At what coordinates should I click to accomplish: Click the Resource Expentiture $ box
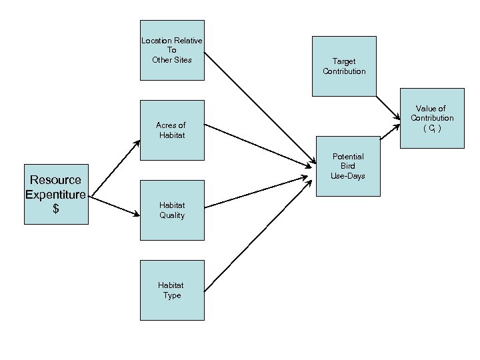[x=56, y=194]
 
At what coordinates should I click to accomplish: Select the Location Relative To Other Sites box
[x=172, y=50]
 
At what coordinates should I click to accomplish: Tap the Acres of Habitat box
[x=172, y=130]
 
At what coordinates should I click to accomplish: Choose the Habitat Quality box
[x=172, y=210]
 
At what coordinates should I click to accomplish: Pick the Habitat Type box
[x=172, y=290]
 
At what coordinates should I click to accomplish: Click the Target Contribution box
[x=344, y=66]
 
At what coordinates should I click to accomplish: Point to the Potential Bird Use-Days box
[x=347, y=167]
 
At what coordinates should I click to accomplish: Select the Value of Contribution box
[x=432, y=117]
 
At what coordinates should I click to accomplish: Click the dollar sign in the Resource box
[x=56, y=209]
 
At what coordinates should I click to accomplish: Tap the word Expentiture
[x=56, y=195]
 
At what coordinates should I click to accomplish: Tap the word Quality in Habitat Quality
[x=172, y=215]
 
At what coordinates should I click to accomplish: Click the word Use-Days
[x=347, y=176]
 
